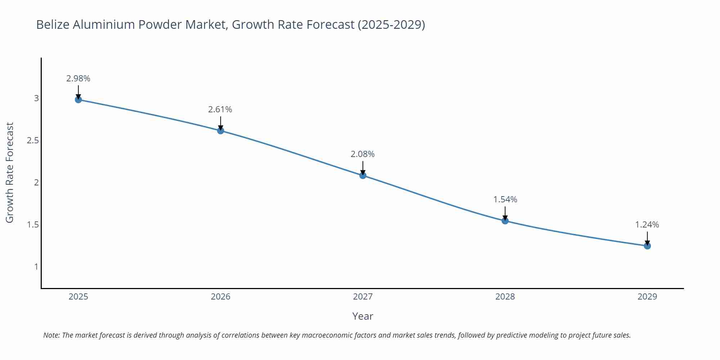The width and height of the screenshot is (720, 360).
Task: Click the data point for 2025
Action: pyautogui.click(x=78, y=99)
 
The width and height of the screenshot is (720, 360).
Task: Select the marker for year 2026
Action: pyautogui.click(x=221, y=130)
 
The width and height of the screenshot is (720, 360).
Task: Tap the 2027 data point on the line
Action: pyautogui.click(x=363, y=175)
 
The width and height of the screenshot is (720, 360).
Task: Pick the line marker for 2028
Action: pyautogui.click(x=505, y=221)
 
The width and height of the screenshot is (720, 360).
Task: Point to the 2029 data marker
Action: pyautogui.click(x=647, y=246)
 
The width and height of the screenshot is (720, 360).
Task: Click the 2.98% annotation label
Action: pyautogui.click(x=78, y=78)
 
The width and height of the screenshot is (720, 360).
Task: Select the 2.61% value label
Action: pyautogui.click(x=220, y=109)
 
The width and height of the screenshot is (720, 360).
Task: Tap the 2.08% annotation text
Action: pyautogui.click(x=363, y=154)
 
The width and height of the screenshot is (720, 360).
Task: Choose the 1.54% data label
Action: pyautogui.click(x=505, y=199)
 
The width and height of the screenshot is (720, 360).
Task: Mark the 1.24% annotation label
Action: pyautogui.click(x=647, y=225)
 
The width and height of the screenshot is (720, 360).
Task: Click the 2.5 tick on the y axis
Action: pyautogui.click(x=33, y=140)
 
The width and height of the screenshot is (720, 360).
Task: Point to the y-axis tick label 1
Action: pyautogui.click(x=36, y=267)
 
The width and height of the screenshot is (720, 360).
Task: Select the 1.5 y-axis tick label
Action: pyautogui.click(x=33, y=225)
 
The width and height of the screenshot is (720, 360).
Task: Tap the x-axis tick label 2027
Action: pyautogui.click(x=363, y=297)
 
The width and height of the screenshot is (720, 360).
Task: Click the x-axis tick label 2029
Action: pyautogui.click(x=647, y=297)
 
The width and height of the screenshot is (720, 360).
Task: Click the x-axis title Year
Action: pyautogui.click(x=363, y=316)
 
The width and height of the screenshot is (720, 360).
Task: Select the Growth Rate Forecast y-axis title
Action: pyautogui.click(x=10, y=173)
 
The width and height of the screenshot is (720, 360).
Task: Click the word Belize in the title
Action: pyautogui.click(x=53, y=24)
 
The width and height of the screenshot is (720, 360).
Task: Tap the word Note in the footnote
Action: pyautogui.click(x=51, y=335)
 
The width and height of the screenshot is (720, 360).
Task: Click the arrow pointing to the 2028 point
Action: pyautogui.click(x=505, y=213)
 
